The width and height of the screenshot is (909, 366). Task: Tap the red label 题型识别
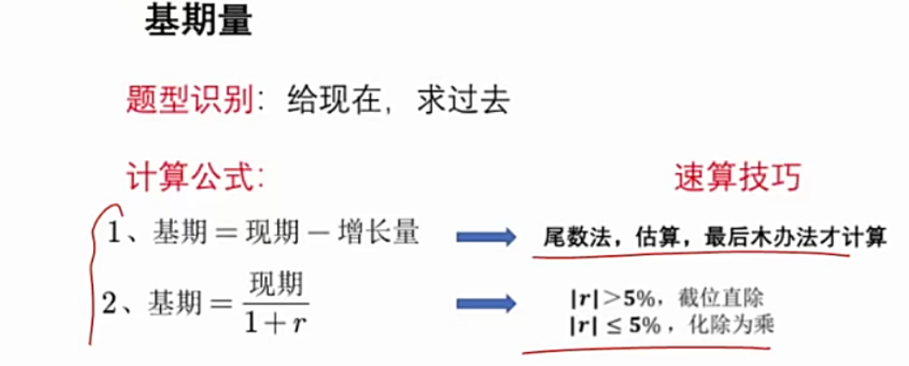click(189, 101)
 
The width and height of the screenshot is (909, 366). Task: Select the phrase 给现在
click(325, 101)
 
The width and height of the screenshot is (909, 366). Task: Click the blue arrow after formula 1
click(485, 236)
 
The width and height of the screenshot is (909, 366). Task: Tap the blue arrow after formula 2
click(485, 302)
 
